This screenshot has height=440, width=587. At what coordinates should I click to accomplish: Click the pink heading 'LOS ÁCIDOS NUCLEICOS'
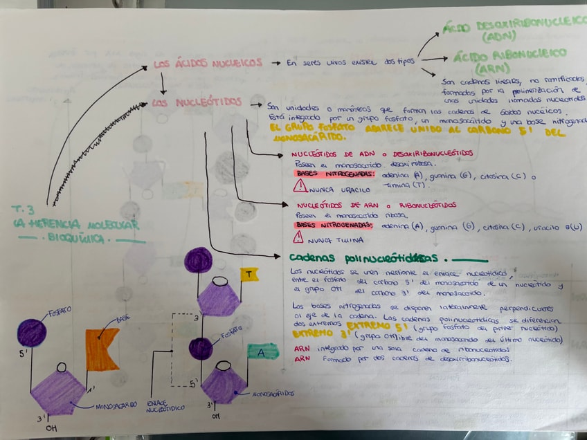click(208, 64)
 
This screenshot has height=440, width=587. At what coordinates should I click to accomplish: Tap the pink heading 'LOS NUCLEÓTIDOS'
click(197, 103)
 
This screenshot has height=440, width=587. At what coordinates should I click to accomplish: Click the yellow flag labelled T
click(249, 274)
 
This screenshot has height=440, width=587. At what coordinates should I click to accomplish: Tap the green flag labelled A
click(262, 352)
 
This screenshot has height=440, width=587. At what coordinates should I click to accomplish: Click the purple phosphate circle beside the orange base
click(32, 333)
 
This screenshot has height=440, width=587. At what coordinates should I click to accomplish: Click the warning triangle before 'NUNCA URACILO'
click(300, 185)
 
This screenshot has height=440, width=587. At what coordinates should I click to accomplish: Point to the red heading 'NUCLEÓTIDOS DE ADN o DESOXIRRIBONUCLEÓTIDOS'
click(382, 153)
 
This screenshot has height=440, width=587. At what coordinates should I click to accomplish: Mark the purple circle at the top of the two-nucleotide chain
click(199, 260)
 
